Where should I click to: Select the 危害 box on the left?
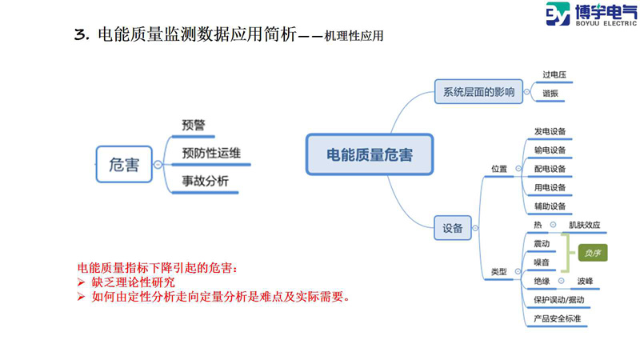[123, 165]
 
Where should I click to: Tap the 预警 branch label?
[194, 125]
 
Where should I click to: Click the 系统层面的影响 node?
[478, 90]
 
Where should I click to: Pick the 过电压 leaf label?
[554, 75]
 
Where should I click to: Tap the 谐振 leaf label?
[550, 94]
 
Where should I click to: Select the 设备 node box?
[452, 228]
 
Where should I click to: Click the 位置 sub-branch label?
[498, 169]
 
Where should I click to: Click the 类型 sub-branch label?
[498, 272]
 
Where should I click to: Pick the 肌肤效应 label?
[584, 225]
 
